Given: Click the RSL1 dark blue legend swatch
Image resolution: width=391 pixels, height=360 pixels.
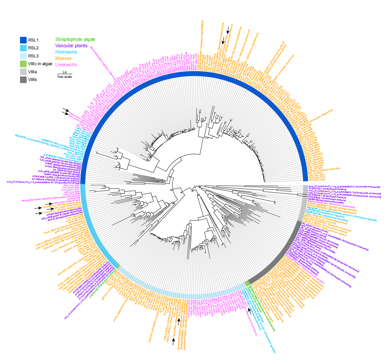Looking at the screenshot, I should click(x=23, y=40).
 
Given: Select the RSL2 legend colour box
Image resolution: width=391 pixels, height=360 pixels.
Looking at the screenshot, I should click(x=23, y=48).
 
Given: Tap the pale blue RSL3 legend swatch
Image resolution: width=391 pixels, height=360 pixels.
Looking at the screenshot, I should click(x=23, y=56).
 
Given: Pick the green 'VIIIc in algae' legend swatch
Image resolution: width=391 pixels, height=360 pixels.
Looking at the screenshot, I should click(x=23, y=64).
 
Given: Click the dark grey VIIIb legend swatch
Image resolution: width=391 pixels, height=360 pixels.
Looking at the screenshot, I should click(x=23, y=80).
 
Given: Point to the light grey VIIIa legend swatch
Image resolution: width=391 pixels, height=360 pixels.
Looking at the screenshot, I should click(x=23, y=72).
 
